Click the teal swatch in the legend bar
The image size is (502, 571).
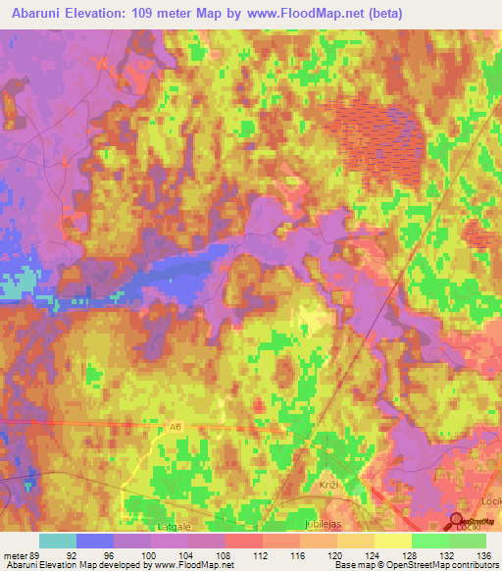point(57,541)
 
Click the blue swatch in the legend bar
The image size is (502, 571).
point(94,541)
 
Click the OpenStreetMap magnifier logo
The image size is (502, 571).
point(457,521)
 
